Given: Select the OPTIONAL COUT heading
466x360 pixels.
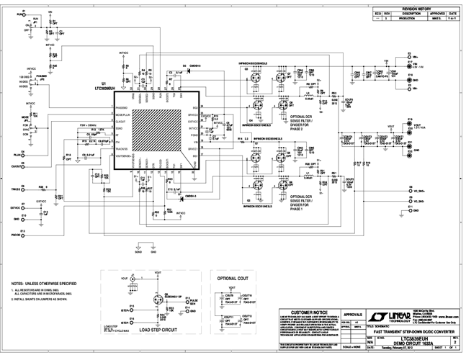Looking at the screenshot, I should coord(232,276).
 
